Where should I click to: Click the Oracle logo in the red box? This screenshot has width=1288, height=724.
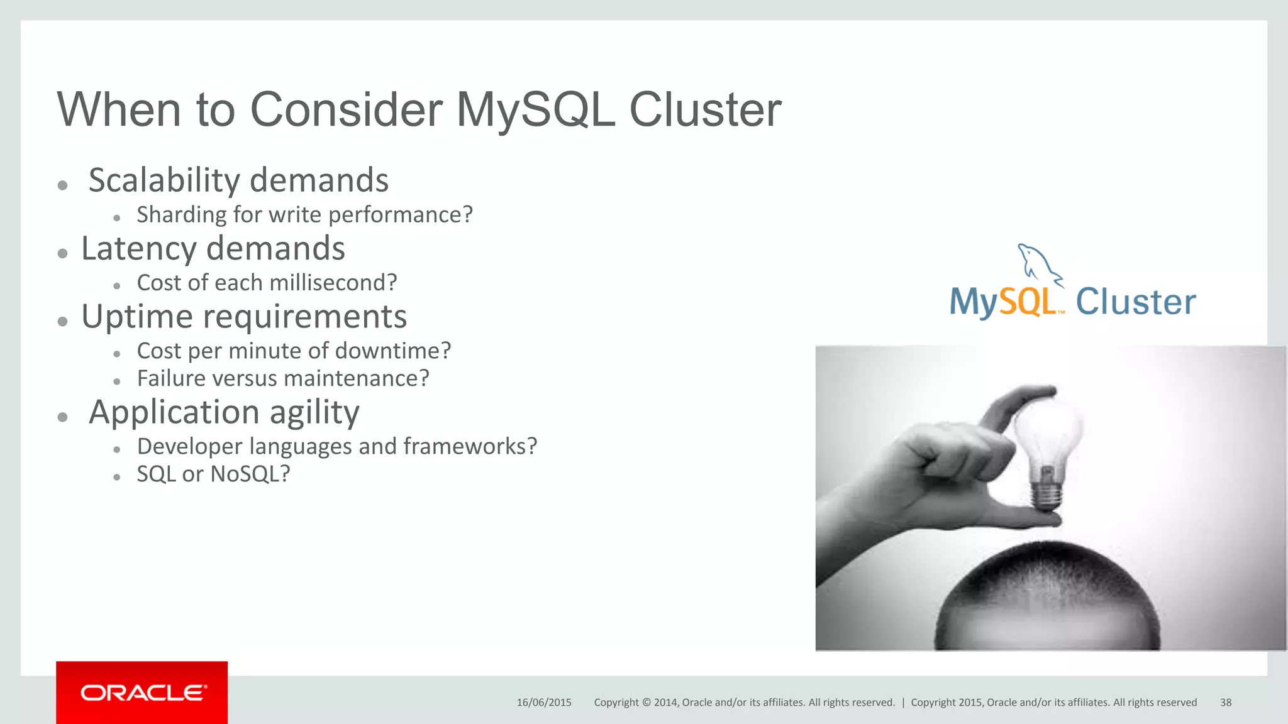(143, 693)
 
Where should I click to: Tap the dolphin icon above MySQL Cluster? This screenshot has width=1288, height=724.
(1038, 263)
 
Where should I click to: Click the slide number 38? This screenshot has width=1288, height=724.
(1226, 703)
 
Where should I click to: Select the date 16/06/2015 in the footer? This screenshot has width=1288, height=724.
(544, 703)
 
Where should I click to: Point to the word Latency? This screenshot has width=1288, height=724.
(139, 249)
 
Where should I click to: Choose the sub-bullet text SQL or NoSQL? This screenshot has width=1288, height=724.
(213, 474)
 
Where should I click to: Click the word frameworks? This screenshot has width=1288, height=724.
(470, 446)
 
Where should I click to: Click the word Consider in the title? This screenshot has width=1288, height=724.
(347, 110)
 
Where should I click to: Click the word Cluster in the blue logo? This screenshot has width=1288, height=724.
(1135, 302)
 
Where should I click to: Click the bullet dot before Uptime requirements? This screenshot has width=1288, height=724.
(62, 322)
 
